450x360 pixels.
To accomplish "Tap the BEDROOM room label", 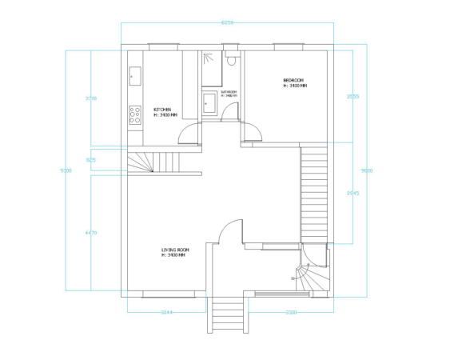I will (x=293, y=80).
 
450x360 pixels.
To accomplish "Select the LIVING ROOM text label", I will (x=175, y=250).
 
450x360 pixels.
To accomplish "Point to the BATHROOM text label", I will (x=229, y=93).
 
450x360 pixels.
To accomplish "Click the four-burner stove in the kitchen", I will (x=135, y=114).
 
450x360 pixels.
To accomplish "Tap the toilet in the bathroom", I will (x=232, y=58).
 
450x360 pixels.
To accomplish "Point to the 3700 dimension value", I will (x=91, y=98).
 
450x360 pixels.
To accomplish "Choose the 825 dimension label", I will (x=91, y=160).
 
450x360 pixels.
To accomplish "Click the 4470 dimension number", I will (x=91, y=233).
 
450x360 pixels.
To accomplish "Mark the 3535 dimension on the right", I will (x=352, y=97).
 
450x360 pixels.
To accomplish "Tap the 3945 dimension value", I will (x=352, y=193).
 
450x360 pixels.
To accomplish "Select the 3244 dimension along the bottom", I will (x=166, y=312).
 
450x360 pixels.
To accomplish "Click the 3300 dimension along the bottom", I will (x=290, y=312).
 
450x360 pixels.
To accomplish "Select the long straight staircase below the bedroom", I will (x=313, y=191).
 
